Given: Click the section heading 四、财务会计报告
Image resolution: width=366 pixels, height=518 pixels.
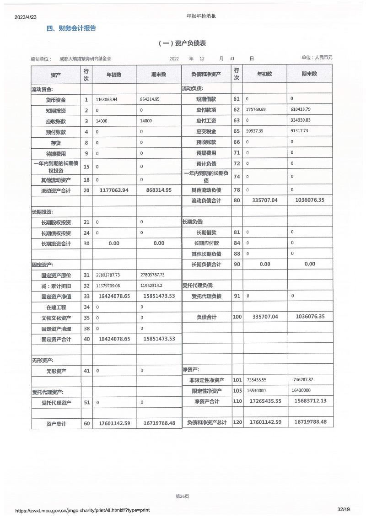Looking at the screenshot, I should click(x=71, y=28).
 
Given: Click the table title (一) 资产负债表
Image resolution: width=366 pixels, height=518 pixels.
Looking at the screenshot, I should click(x=182, y=43).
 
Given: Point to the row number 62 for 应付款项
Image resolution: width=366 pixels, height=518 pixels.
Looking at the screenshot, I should click(x=237, y=110).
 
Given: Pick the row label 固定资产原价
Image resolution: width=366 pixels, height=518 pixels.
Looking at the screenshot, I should click(x=56, y=275).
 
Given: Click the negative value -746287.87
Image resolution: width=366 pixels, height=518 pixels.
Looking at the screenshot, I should click(x=302, y=380).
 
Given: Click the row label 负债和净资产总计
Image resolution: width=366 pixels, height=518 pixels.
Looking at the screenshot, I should click(x=206, y=423).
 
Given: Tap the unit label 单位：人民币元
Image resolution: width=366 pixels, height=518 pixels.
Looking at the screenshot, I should click(x=317, y=58).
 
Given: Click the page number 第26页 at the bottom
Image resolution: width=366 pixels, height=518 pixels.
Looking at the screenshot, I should click(x=182, y=496).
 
